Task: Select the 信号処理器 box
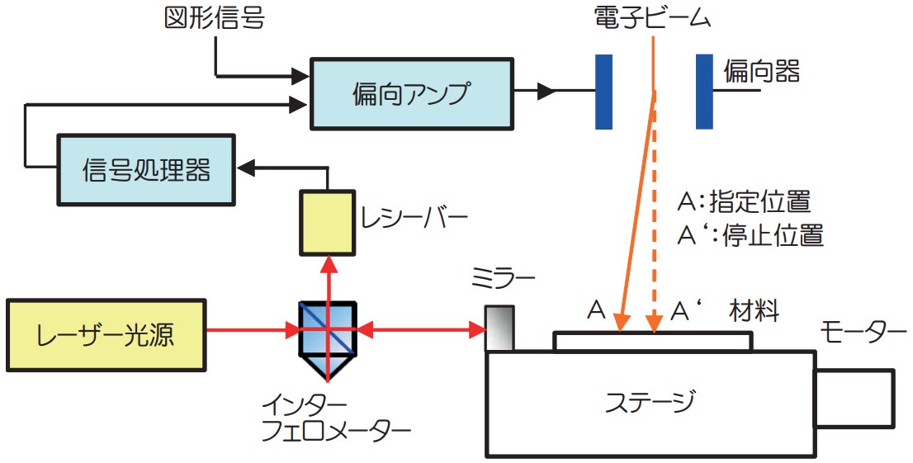(x=146, y=169)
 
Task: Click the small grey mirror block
(x=499, y=328)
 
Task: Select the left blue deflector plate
(x=603, y=91)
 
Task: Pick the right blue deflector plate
(x=704, y=91)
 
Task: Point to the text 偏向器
(x=761, y=72)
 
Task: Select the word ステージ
(x=650, y=403)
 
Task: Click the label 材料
(x=755, y=311)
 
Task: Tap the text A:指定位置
(x=744, y=201)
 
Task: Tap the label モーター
(x=863, y=333)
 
